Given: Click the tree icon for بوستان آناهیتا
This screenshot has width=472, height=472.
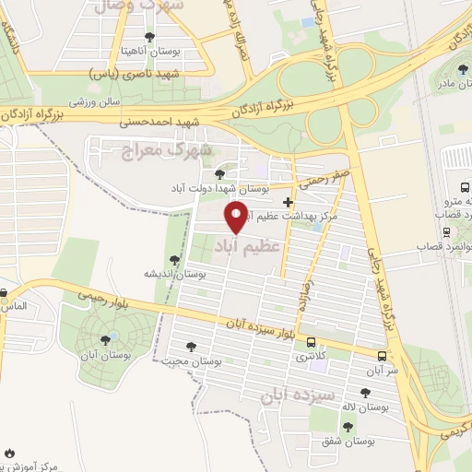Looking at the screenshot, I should pyautogui.click(x=149, y=38).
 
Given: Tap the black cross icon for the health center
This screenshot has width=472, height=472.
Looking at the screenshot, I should pyautogui.click(x=289, y=201).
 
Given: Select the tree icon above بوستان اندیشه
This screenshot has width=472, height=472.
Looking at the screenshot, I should pyautogui.click(x=174, y=261).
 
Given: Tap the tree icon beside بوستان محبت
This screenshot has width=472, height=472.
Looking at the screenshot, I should pyautogui.click(x=191, y=347).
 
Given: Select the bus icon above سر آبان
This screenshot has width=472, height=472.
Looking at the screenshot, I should pyautogui.click(x=383, y=356).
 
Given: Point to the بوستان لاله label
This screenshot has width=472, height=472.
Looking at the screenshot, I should pyautogui.click(x=373, y=406).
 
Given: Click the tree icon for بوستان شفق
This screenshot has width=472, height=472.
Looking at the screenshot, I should pyautogui.click(x=348, y=426).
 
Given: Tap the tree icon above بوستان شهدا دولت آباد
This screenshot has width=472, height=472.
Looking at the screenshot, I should pyautogui.click(x=218, y=172).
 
